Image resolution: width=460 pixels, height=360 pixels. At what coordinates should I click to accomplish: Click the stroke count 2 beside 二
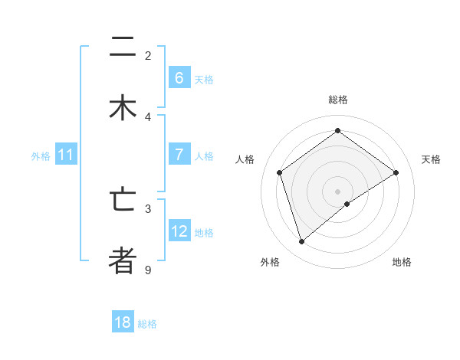148,56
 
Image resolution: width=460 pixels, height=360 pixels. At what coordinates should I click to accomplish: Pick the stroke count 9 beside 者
148,270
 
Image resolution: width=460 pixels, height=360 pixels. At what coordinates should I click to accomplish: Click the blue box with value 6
179,78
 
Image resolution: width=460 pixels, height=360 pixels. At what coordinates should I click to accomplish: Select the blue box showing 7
179,155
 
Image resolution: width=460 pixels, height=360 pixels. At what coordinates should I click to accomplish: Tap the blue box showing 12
179,231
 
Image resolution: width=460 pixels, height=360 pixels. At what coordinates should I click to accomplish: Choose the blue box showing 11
65,155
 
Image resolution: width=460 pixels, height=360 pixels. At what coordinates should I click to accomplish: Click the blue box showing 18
123,322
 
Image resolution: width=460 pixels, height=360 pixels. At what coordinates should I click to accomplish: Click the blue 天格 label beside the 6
204,79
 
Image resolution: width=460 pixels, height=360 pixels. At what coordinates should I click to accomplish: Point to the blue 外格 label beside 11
41,155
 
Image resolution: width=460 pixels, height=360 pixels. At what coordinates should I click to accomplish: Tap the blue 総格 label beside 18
147,323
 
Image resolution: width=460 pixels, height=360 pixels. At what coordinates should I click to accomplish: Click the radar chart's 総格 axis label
338,100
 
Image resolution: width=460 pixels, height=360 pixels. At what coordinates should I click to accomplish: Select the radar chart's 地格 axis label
402,262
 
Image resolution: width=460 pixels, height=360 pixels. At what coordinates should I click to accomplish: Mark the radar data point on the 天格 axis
396,172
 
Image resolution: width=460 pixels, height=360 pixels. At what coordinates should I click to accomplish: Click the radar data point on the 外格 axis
301,242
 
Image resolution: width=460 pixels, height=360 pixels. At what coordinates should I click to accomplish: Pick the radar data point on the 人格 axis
280,172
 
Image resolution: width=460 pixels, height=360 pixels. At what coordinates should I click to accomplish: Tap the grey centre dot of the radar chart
338,191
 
